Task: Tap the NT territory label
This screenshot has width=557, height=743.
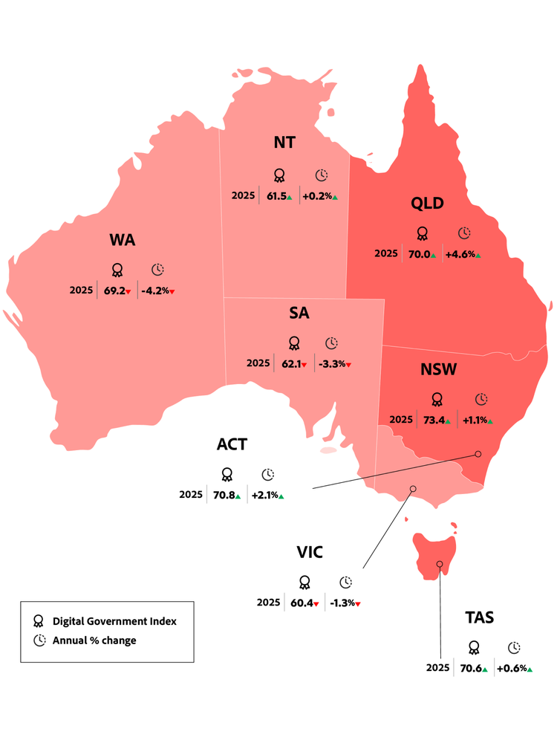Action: point(284,142)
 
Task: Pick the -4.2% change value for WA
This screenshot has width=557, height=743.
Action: point(155,291)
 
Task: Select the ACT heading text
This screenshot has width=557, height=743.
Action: point(232,444)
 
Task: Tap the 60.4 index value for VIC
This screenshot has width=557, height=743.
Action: point(302,603)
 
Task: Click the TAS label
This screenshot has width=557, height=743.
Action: point(479,617)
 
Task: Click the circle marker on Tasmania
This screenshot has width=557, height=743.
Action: point(440,565)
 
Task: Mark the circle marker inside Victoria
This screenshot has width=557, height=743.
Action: point(413,489)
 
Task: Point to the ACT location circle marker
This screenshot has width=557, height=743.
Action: point(478,453)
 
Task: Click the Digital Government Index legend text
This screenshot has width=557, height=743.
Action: point(114,621)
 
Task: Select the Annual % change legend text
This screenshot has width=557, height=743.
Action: point(94,640)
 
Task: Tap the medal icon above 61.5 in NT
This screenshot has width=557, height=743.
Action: point(279,175)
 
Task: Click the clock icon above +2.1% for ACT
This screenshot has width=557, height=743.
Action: point(268,474)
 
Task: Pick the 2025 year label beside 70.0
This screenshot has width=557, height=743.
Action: point(385,254)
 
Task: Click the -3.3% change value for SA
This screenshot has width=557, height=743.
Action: point(332,363)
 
